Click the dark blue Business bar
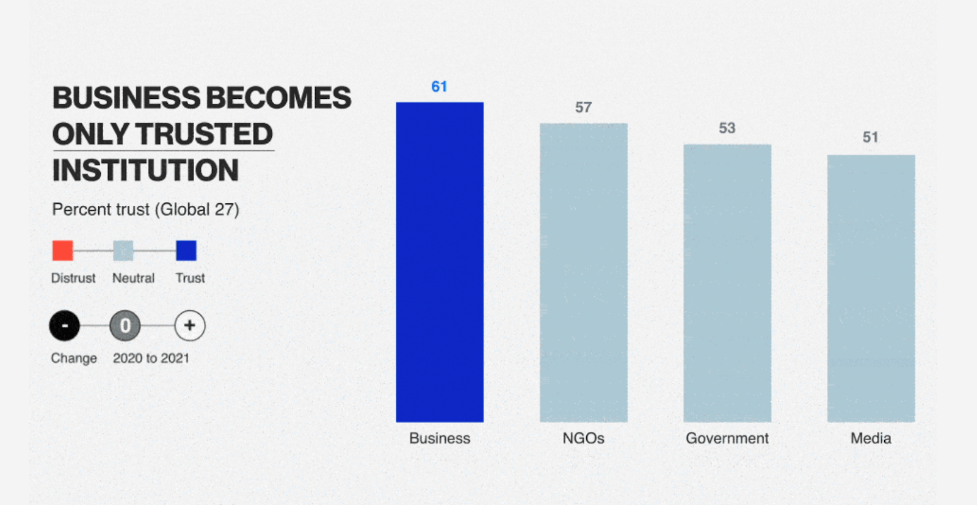(440, 262)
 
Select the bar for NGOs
(583, 272)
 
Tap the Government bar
(727, 283)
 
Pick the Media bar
(871, 288)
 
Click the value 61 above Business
(439, 87)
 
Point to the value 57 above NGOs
(583, 107)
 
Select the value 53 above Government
(727, 128)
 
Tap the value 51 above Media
(870, 137)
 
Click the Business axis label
(440, 438)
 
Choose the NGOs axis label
(583, 438)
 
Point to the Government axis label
(727, 438)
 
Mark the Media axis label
(870, 438)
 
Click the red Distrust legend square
(63, 250)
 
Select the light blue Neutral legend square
(123, 250)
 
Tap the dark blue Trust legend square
(186, 250)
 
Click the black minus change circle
(65, 325)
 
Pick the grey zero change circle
(125, 325)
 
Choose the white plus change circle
(190, 325)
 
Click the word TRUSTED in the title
(204, 134)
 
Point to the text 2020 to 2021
(151, 358)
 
